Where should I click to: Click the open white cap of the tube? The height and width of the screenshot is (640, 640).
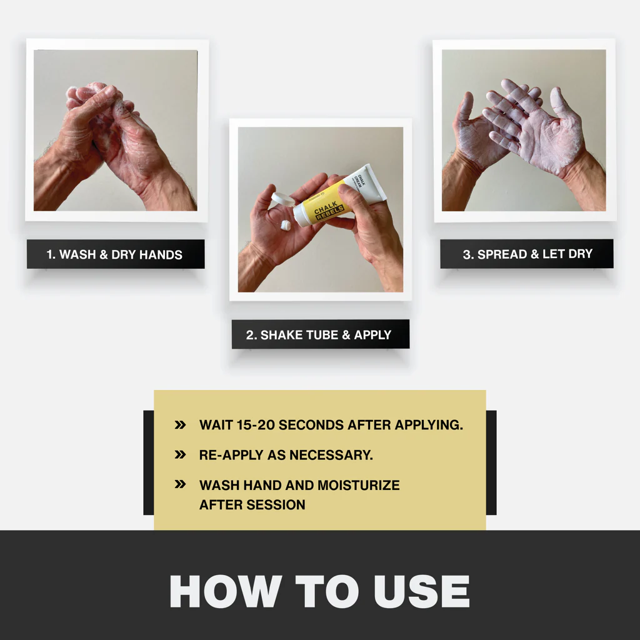click(283, 199)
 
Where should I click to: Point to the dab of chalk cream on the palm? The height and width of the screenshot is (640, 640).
click(286, 225)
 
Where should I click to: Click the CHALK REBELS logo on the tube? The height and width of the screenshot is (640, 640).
click(329, 209)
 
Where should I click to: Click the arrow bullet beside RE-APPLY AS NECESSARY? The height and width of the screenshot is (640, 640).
click(180, 455)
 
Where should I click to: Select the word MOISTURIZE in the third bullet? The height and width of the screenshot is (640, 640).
click(359, 485)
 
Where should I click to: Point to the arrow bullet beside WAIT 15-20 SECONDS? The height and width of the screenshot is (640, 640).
click(180, 425)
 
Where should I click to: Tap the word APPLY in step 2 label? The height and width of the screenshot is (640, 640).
click(372, 335)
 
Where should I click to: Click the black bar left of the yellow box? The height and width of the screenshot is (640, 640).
click(149, 462)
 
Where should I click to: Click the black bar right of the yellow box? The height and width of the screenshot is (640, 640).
click(491, 462)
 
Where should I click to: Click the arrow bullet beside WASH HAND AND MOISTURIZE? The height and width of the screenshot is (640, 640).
click(180, 484)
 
